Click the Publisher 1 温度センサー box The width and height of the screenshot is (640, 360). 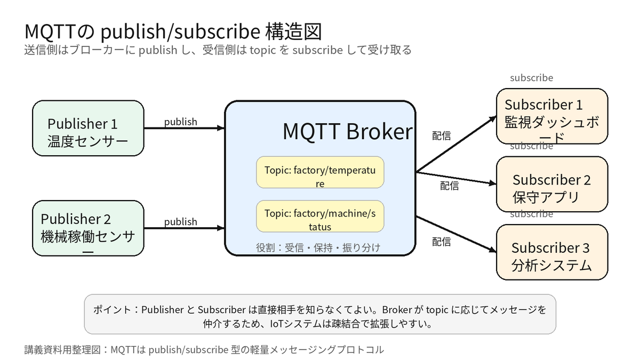pos(88,128)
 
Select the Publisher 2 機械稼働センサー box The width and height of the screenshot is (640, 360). pos(88,228)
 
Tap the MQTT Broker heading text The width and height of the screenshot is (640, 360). pos(347,131)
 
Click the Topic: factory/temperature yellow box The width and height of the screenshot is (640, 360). pos(320,172)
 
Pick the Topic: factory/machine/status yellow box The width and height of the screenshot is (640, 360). pos(320,216)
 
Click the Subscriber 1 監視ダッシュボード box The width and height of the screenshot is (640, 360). pos(552,116)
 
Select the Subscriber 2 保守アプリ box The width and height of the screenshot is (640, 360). pos(552,184)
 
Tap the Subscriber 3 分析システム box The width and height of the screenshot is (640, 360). pos(552,252)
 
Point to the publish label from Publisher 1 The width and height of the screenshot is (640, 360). pos(181,122)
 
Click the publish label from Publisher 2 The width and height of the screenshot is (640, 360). pos(181,222)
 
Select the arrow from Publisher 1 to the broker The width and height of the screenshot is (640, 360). pos(185,128)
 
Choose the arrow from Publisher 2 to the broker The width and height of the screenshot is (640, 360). pos(185,228)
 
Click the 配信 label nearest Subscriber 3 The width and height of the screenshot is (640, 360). pos(442,242)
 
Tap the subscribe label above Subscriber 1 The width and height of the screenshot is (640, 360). pos(531,78)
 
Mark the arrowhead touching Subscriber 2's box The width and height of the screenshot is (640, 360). pos(493,183)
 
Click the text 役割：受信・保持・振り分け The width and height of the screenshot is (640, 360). pos(318,247)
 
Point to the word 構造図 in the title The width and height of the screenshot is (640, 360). pos(293,31)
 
